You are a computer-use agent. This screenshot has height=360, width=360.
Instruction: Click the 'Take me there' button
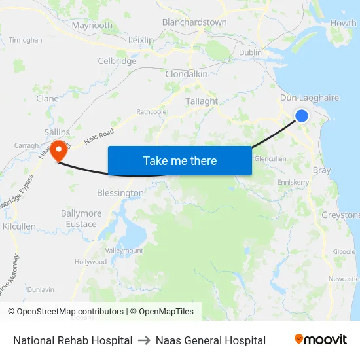tap(180, 160)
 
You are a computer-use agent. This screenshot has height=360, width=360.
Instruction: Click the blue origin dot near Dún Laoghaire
tap(302, 116)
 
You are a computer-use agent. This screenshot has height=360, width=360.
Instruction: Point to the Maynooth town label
tap(92, 26)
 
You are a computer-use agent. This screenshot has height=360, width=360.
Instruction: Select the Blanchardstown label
tap(194, 22)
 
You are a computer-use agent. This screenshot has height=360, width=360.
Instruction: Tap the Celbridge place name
tap(117, 61)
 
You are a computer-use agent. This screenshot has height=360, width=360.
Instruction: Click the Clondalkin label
tap(187, 74)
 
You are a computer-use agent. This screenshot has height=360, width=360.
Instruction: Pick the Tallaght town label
tap(202, 101)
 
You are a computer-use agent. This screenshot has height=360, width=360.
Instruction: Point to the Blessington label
tap(120, 193)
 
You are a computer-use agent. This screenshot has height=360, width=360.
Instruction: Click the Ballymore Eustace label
tap(81, 219)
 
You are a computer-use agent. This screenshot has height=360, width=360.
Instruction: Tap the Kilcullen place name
tap(19, 226)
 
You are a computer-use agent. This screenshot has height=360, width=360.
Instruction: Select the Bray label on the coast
tap(322, 170)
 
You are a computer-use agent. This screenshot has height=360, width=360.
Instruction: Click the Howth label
tap(344, 23)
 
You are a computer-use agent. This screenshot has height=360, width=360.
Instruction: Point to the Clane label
tap(48, 99)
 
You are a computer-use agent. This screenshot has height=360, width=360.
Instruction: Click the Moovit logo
tap(321, 340)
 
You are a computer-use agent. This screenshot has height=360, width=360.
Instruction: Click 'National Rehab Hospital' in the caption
tap(73, 340)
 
